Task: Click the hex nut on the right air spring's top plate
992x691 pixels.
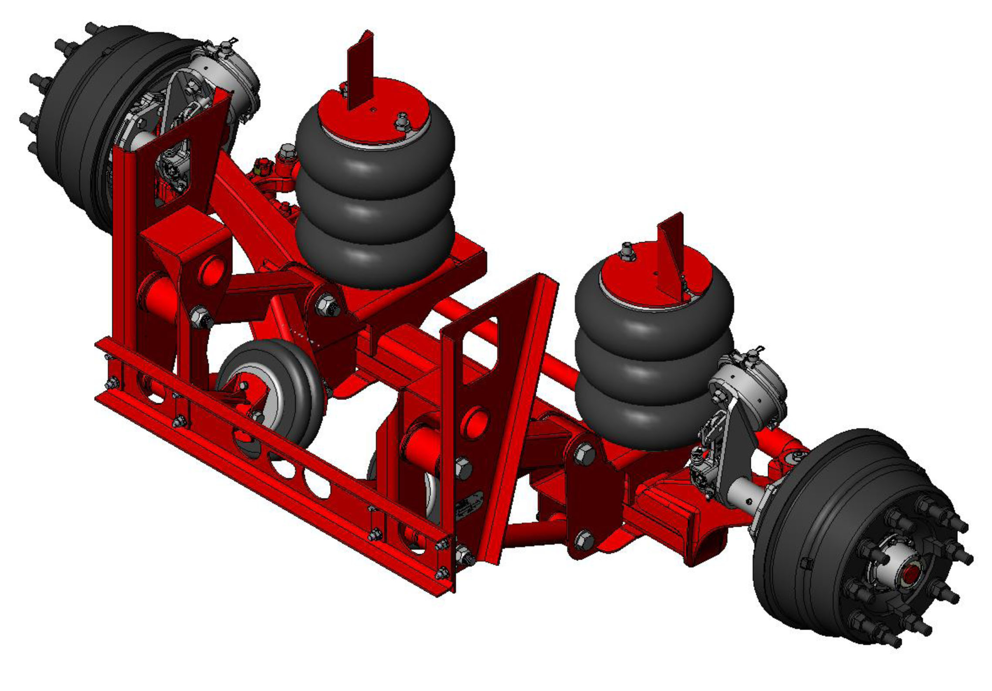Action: (627, 252)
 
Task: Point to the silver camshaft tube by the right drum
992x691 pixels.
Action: (744, 494)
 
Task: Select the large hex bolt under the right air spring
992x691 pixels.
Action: (584, 455)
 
